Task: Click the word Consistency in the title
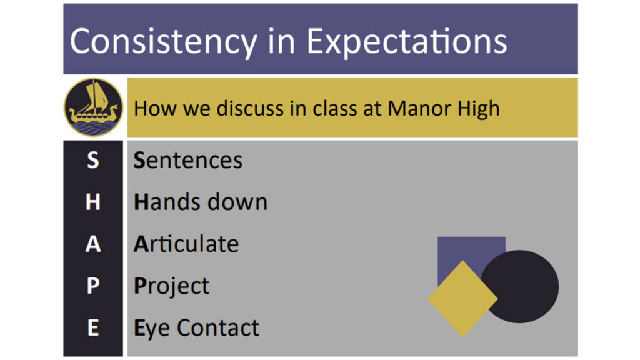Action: (x=164, y=42)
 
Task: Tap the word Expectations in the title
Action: (x=406, y=42)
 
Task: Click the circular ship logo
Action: (x=94, y=107)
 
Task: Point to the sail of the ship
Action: (x=98, y=96)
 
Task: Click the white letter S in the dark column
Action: (x=93, y=160)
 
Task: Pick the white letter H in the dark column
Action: (x=93, y=202)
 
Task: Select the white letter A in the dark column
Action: (x=93, y=244)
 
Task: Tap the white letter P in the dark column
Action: (x=93, y=286)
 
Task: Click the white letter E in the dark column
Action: (x=93, y=327)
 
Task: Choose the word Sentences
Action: (x=188, y=160)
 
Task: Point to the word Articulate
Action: (x=186, y=244)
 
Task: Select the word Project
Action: (x=171, y=286)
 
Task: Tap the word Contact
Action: (x=218, y=327)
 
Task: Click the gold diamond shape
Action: (x=462, y=299)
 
